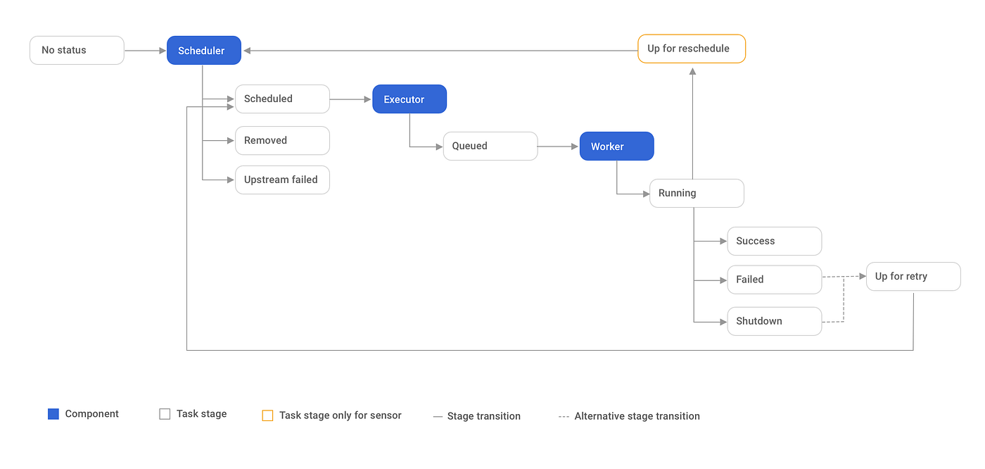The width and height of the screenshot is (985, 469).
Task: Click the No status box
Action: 77,50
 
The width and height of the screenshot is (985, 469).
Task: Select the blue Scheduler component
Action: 204,51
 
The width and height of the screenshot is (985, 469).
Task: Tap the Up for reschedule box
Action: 691,49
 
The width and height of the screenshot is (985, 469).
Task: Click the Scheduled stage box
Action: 282,99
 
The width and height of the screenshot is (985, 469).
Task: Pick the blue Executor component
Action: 409,99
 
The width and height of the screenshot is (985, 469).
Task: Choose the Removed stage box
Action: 282,140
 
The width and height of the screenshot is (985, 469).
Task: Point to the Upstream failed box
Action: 282,180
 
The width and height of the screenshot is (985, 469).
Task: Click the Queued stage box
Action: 490,146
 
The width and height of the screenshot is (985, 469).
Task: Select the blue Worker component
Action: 616,146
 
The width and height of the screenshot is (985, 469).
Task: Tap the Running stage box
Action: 697,193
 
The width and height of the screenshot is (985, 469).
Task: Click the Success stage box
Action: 774,241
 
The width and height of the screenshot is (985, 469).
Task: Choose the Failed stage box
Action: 774,280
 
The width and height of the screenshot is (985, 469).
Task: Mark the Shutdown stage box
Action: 774,321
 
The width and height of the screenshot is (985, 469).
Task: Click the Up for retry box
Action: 913,276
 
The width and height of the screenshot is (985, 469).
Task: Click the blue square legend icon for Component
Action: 53,414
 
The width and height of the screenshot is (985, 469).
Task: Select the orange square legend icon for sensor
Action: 267,415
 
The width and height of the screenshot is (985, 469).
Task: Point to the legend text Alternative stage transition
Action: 637,416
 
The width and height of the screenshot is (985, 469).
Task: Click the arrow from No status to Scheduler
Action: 145,51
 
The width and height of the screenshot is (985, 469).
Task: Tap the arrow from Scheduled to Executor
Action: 350,99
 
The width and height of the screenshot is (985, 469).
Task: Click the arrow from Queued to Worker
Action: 559,146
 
